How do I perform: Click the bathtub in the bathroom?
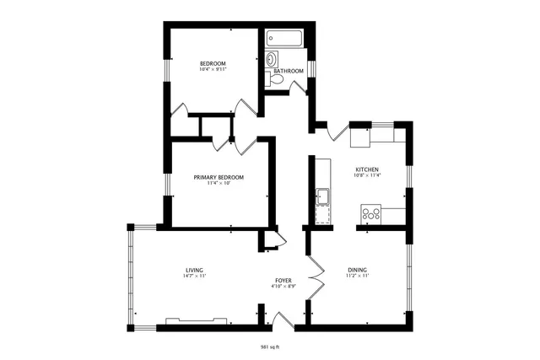[286, 39]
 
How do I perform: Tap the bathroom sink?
[271, 59]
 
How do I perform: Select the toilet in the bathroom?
[270, 79]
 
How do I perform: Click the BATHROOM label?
[289, 71]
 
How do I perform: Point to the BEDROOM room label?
[213, 64]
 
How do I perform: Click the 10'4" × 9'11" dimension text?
[213, 71]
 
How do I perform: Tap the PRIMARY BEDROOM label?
[219, 176]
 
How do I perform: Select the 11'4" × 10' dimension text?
[219, 183]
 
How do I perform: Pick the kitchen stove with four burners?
[372, 213]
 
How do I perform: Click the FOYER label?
[283, 280]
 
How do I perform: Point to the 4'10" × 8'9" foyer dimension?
[283, 287]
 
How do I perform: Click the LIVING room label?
[195, 270]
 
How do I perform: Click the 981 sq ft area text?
[270, 346]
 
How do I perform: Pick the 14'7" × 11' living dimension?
[195, 277]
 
